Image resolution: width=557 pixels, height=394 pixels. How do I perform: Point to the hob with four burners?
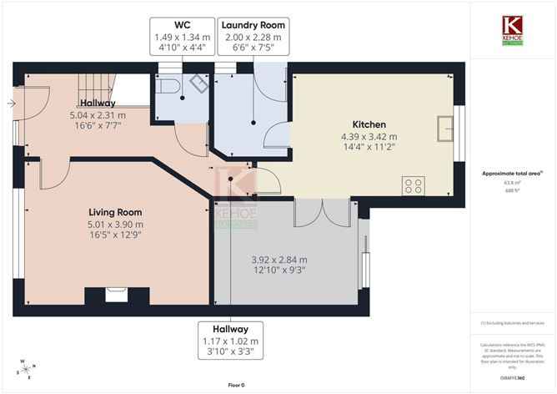pos(414,185)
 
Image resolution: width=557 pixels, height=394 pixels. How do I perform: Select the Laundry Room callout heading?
pos(253,25)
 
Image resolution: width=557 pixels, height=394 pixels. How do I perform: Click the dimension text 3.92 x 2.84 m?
pos(278,260)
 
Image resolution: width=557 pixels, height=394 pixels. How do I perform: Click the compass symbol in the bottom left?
pos(27,370)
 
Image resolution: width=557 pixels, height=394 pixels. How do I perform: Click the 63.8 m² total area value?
pos(512,182)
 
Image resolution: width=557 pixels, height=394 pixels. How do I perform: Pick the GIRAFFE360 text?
pos(512,378)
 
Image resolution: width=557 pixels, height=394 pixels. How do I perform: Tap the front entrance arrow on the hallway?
pos(10,104)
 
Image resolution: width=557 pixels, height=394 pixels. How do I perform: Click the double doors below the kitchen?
pos(320,212)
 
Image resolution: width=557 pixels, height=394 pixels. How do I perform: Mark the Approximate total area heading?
pos(512,173)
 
